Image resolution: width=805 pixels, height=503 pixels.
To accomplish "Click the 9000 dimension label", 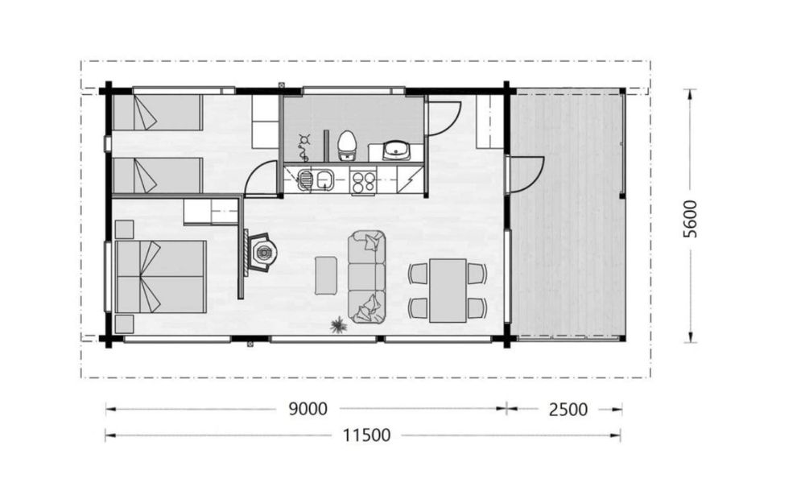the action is point(308,409).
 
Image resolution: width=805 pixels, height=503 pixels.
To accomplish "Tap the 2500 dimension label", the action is point(568,410).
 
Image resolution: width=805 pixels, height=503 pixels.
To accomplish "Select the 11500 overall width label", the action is point(366,435).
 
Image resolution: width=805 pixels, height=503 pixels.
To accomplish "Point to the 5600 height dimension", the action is point(691,219).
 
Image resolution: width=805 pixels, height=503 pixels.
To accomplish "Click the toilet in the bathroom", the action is point(347,146).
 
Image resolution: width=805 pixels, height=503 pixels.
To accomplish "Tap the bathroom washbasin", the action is point(396,150).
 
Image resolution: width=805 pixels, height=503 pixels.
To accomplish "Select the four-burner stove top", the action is point(363,180).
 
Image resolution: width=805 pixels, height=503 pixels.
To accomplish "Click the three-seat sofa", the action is point(366,277).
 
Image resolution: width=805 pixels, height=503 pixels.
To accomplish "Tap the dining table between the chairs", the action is point(448,290).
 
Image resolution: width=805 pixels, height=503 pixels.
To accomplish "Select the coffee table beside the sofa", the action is point(325,275).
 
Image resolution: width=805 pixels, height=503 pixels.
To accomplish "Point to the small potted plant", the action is point(338,326).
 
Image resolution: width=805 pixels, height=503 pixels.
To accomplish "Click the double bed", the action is point(161,277).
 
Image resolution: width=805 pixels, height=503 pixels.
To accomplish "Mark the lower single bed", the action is point(157,175).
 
